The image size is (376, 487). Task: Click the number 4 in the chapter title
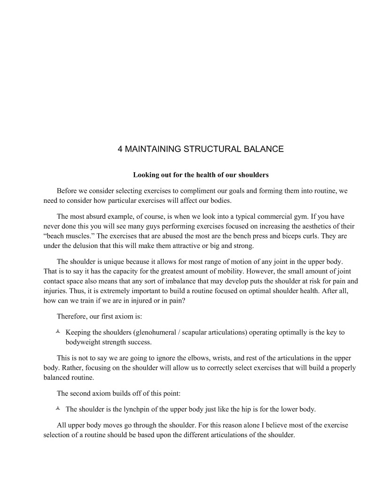click(120, 150)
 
